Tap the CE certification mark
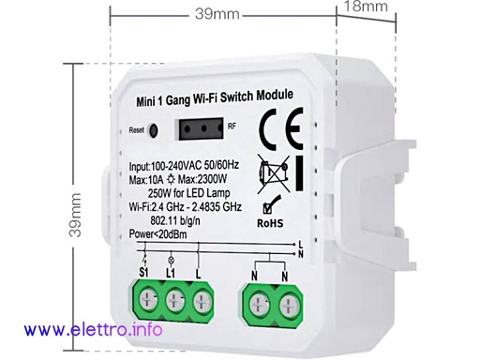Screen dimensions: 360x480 click(x=277, y=127)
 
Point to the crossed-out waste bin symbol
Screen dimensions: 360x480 click(x=273, y=175)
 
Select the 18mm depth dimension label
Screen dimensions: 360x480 click(x=362, y=7)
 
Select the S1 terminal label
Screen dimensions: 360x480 click(x=146, y=272)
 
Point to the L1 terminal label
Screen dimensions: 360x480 click(x=172, y=272)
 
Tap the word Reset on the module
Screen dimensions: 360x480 click(x=138, y=131)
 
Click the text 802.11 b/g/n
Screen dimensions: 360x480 click(x=179, y=221)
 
